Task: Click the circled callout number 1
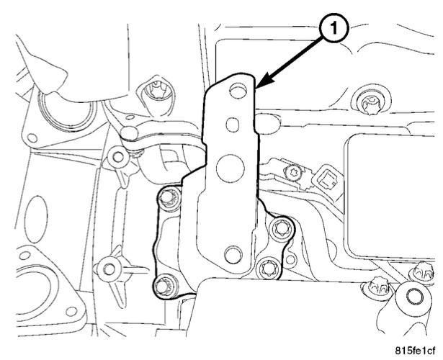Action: tap(334, 29)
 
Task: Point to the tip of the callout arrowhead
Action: tap(256, 88)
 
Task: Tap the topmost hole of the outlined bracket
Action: tap(237, 89)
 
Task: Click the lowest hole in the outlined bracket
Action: tap(233, 254)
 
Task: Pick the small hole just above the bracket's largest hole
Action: tap(233, 125)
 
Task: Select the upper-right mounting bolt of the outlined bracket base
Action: tap(280, 228)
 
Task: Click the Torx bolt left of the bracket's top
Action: tap(154, 93)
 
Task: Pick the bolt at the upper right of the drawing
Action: tap(370, 103)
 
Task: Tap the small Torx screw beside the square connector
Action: tap(292, 171)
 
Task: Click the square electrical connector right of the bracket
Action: tap(327, 179)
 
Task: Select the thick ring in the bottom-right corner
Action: tap(413, 297)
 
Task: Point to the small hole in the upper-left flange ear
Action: tap(32, 138)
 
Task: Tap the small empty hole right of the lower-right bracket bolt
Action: tap(290, 258)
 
